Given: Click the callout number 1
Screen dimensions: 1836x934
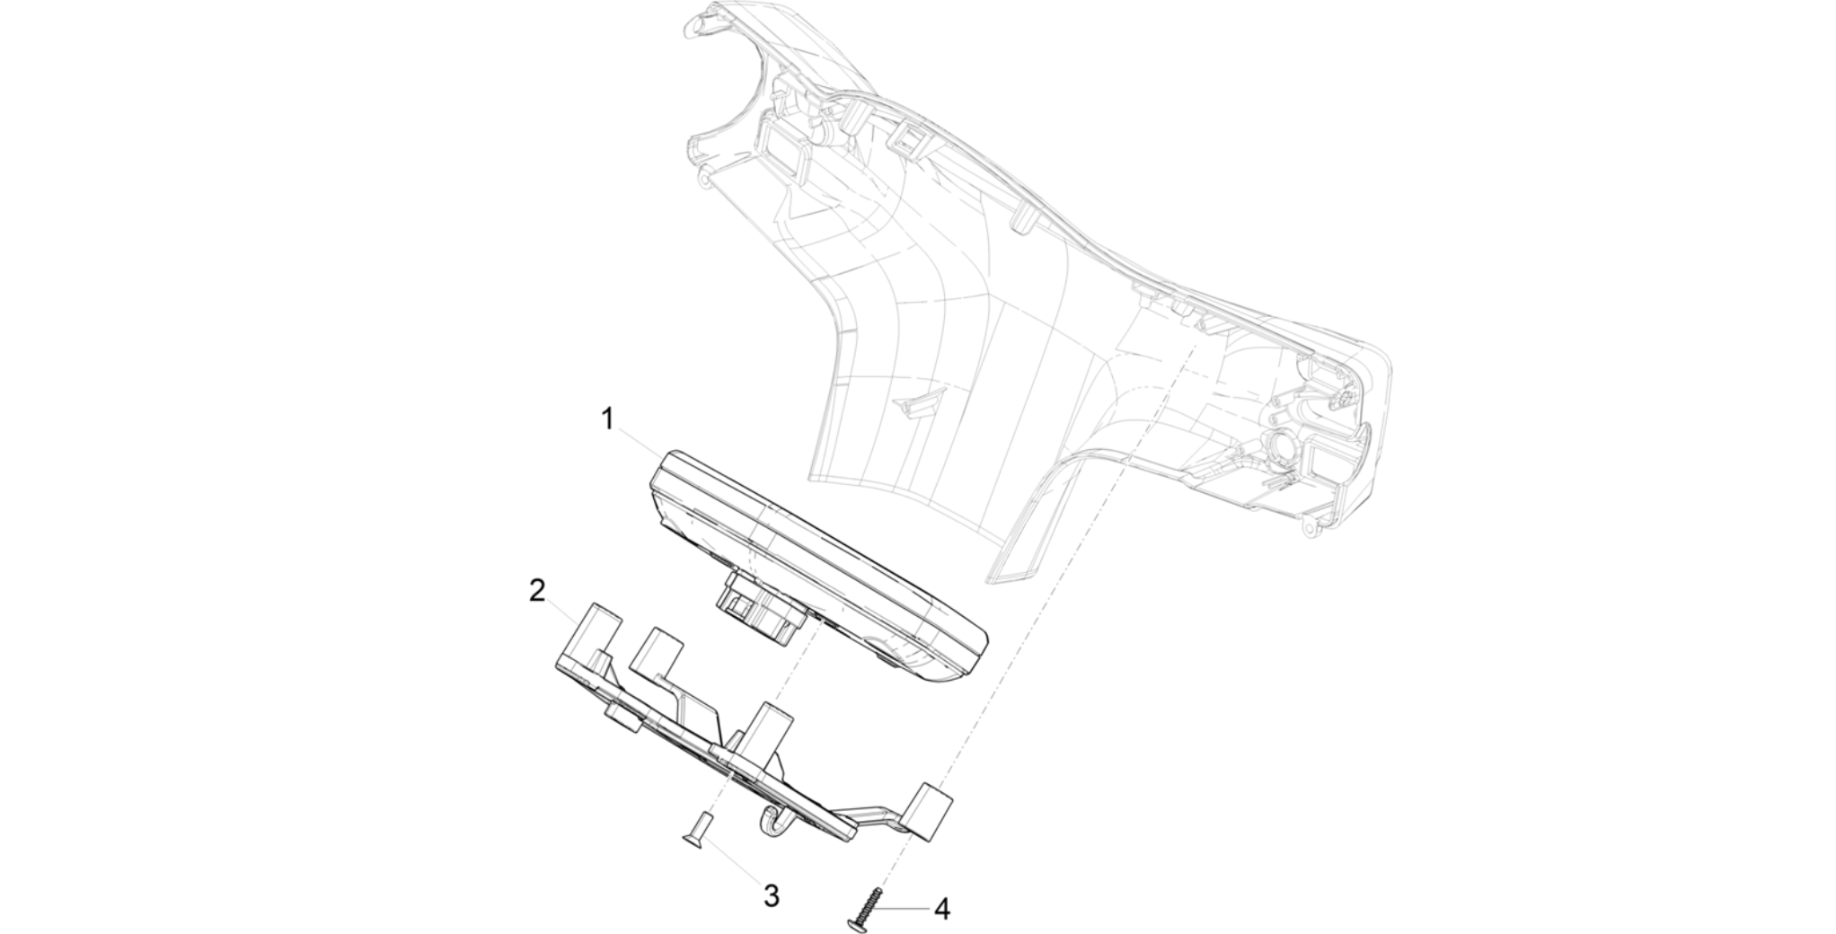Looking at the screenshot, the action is click(608, 419).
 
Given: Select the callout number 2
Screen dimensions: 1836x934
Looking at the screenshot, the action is click(537, 591).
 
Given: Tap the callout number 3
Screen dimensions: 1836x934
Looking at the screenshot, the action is click(771, 895).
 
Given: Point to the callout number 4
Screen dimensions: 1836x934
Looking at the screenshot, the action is click(941, 909).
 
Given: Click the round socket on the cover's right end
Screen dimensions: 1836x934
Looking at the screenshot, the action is click(1284, 444).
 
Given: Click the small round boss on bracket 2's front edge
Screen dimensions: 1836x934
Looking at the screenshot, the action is click(621, 718).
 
